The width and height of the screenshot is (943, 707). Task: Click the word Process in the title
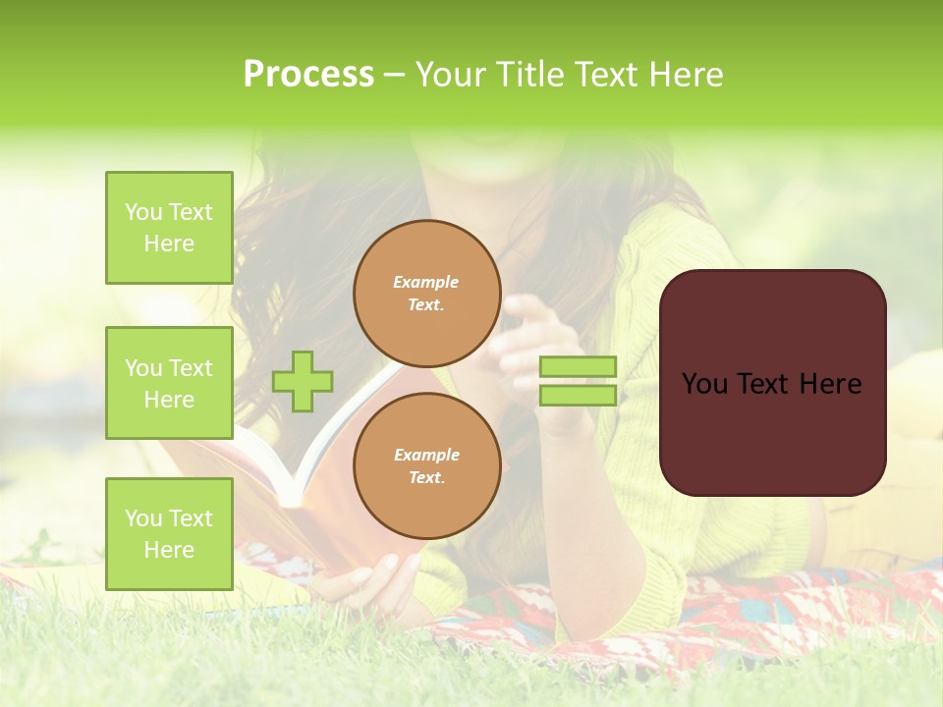[x=308, y=75]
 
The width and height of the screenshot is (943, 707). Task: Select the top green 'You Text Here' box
[x=169, y=228]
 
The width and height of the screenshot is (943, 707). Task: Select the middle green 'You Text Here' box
[x=169, y=383]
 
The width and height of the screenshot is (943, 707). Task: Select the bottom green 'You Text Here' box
[x=169, y=533]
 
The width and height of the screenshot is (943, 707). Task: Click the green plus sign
[x=303, y=381]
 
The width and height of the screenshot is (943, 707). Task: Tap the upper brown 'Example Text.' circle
[x=426, y=294]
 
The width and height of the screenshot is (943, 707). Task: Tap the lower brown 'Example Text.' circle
[x=426, y=466]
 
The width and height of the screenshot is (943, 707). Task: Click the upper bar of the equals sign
[x=578, y=367]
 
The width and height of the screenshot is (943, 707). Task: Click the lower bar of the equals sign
[x=578, y=395]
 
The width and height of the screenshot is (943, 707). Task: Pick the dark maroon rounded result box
[x=772, y=432]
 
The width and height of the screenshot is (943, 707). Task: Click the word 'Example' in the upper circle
[x=425, y=283]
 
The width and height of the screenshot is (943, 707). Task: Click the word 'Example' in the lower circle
[x=426, y=456]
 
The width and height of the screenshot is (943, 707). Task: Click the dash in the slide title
[x=394, y=75]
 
